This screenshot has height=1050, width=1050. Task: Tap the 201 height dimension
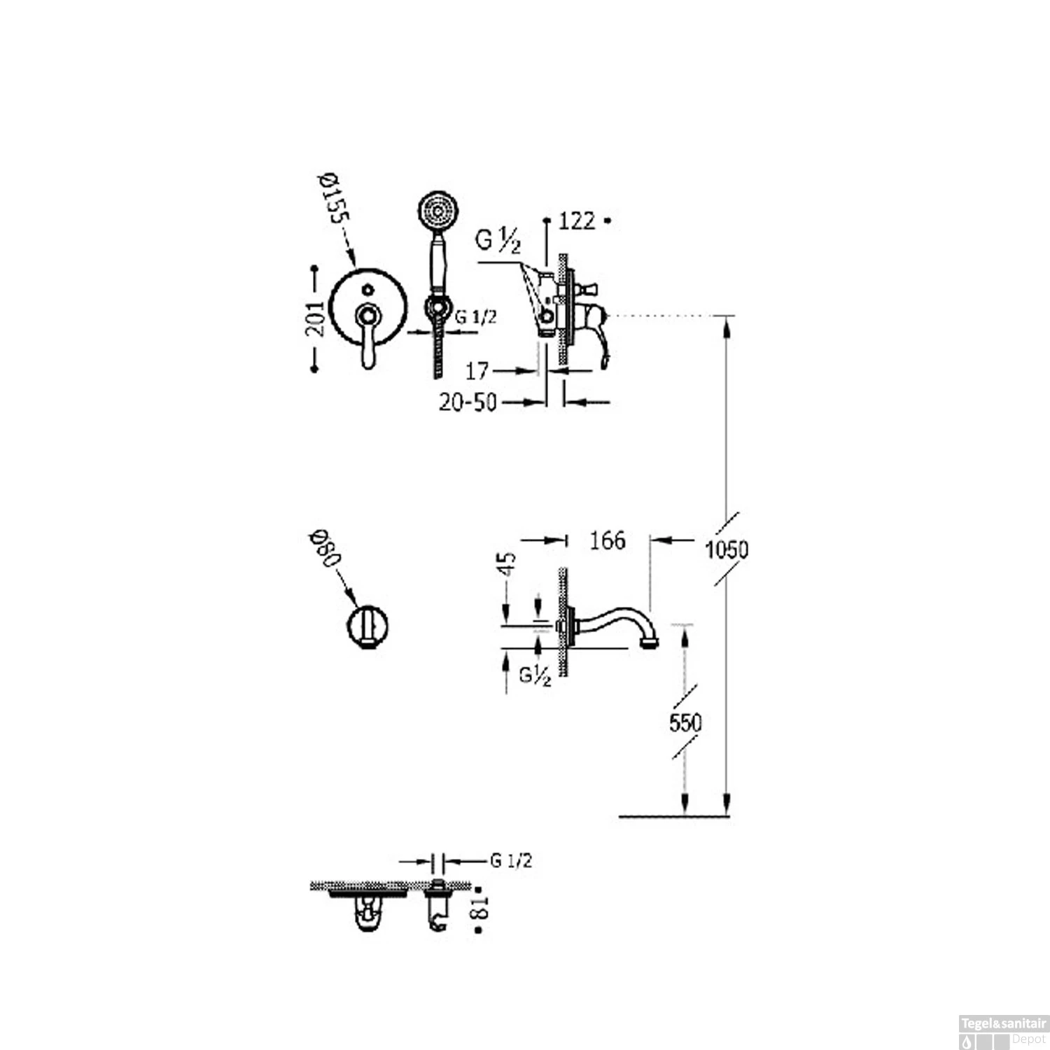[316, 318]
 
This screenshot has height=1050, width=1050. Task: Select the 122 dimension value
[577, 221]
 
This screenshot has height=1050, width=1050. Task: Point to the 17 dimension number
[477, 371]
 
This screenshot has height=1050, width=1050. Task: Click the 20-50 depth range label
[468, 402]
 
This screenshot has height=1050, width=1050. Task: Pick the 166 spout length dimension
[607, 540]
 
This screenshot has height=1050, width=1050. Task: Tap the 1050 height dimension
[727, 549]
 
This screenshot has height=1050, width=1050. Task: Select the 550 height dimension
[685, 722]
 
